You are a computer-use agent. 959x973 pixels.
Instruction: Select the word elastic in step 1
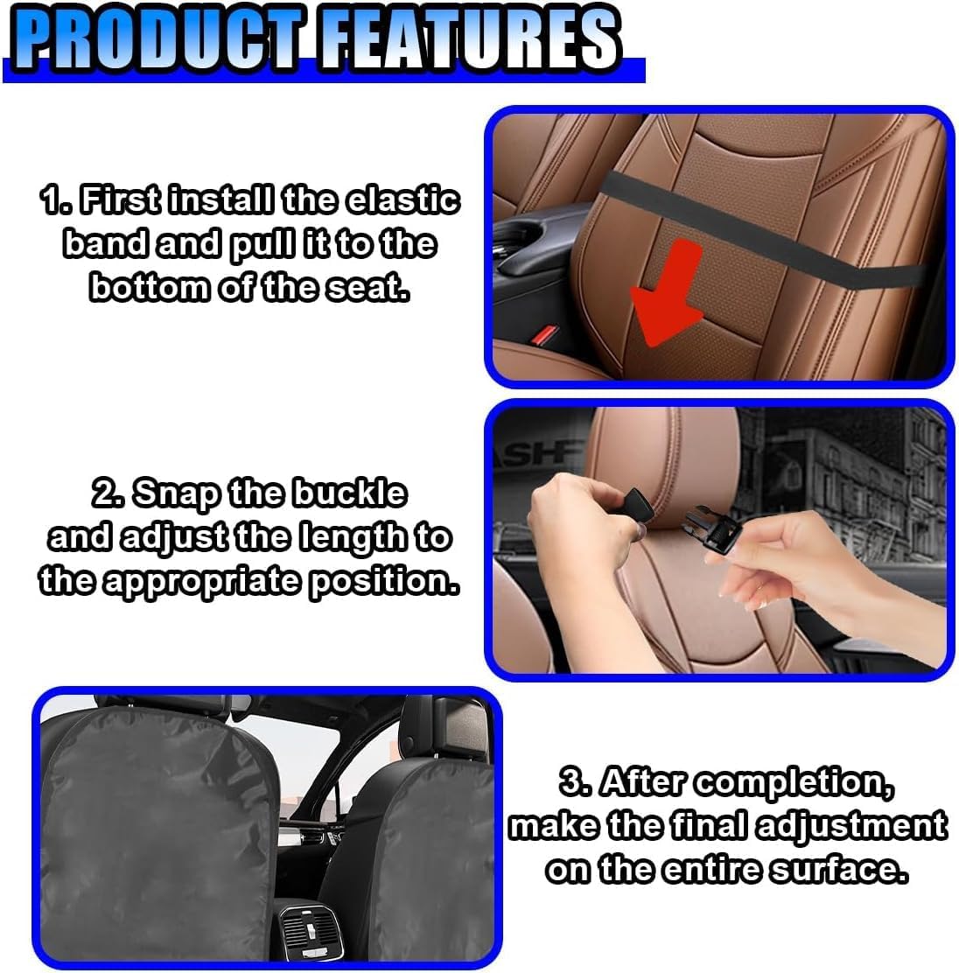[402, 199]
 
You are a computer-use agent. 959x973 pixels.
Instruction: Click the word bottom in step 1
[149, 287]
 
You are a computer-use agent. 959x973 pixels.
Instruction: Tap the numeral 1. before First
[56, 199]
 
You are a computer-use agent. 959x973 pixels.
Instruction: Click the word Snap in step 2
[176, 493]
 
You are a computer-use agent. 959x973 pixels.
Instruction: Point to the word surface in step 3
[838, 869]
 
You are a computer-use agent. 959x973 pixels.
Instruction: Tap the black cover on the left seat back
[158, 831]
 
